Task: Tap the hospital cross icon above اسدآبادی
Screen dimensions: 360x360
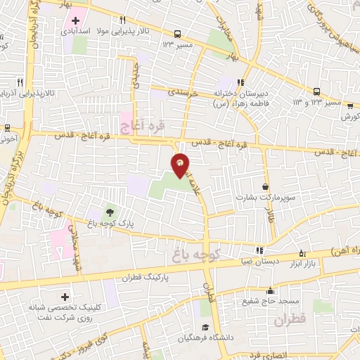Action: pos(76,19)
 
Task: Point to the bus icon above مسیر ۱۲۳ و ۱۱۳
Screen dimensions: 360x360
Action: pos(316,91)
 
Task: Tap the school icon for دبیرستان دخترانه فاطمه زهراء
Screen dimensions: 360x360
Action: pos(242,82)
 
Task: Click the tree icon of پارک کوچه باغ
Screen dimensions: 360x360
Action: pos(109,210)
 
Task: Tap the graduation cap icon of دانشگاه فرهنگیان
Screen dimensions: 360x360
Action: pos(205,327)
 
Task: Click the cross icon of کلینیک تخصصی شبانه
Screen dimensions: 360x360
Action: pos(66,298)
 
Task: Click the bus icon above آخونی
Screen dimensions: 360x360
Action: pos(6,128)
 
